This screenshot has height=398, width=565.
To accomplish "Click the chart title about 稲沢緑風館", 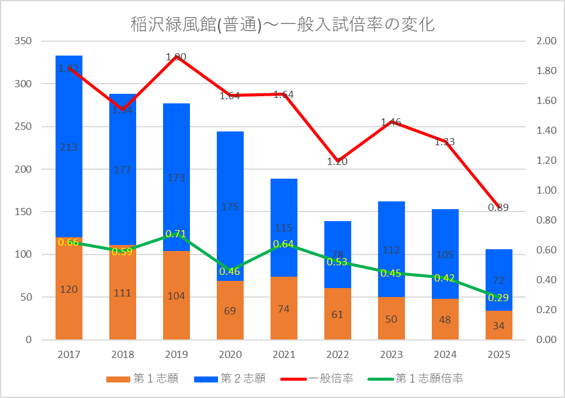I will tap(282, 25).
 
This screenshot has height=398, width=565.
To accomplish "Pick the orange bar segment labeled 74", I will tap(284, 309).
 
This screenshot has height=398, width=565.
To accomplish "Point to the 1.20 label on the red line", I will tap(337, 161).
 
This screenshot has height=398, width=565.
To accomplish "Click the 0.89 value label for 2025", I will tap(498, 208).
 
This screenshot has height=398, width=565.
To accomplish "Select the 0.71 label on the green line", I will tap(176, 234).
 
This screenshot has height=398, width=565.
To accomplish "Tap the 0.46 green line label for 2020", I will tap(230, 271).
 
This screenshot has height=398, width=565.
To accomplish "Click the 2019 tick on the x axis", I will tap(176, 354).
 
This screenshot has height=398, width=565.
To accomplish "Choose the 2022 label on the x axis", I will tap(337, 354).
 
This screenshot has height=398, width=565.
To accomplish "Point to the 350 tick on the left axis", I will tap(24, 41).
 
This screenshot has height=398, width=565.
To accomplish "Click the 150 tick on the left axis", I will tap(24, 212).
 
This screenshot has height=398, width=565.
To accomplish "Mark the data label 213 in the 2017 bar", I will tap(69, 147).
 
